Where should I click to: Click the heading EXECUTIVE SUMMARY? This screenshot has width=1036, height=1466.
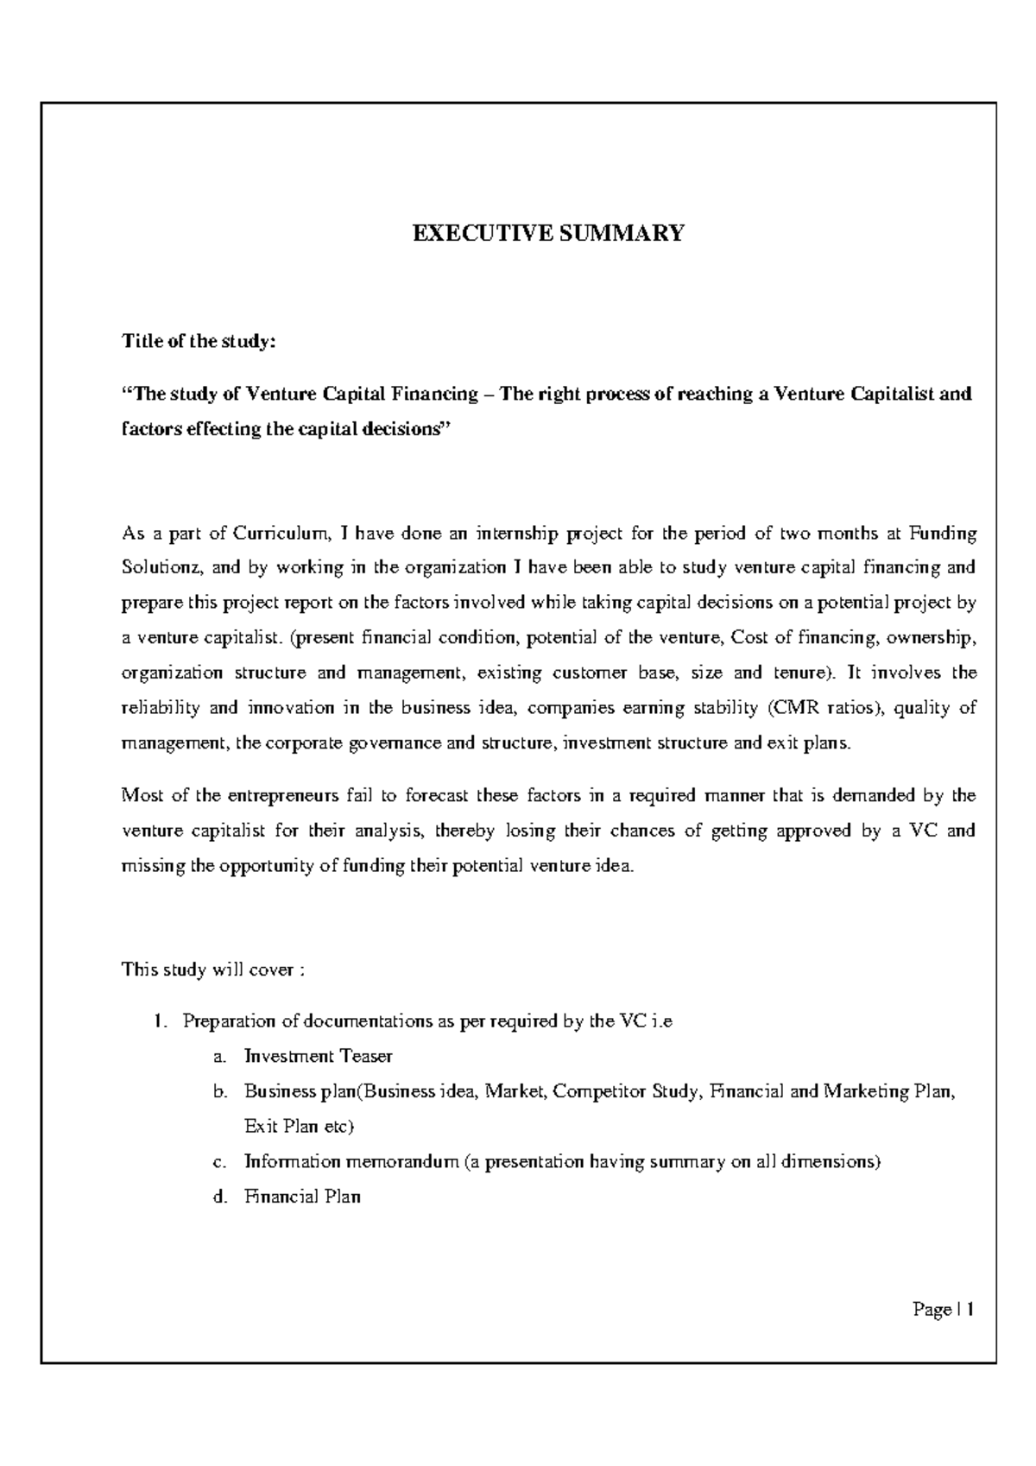tap(547, 233)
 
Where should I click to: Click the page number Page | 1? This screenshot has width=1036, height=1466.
tap(943, 1310)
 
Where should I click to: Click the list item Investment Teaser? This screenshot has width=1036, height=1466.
tap(318, 1056)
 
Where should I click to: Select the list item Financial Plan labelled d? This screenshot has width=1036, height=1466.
tap(302, 1197)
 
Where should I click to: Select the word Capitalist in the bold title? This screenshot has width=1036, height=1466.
tap(893, 395)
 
